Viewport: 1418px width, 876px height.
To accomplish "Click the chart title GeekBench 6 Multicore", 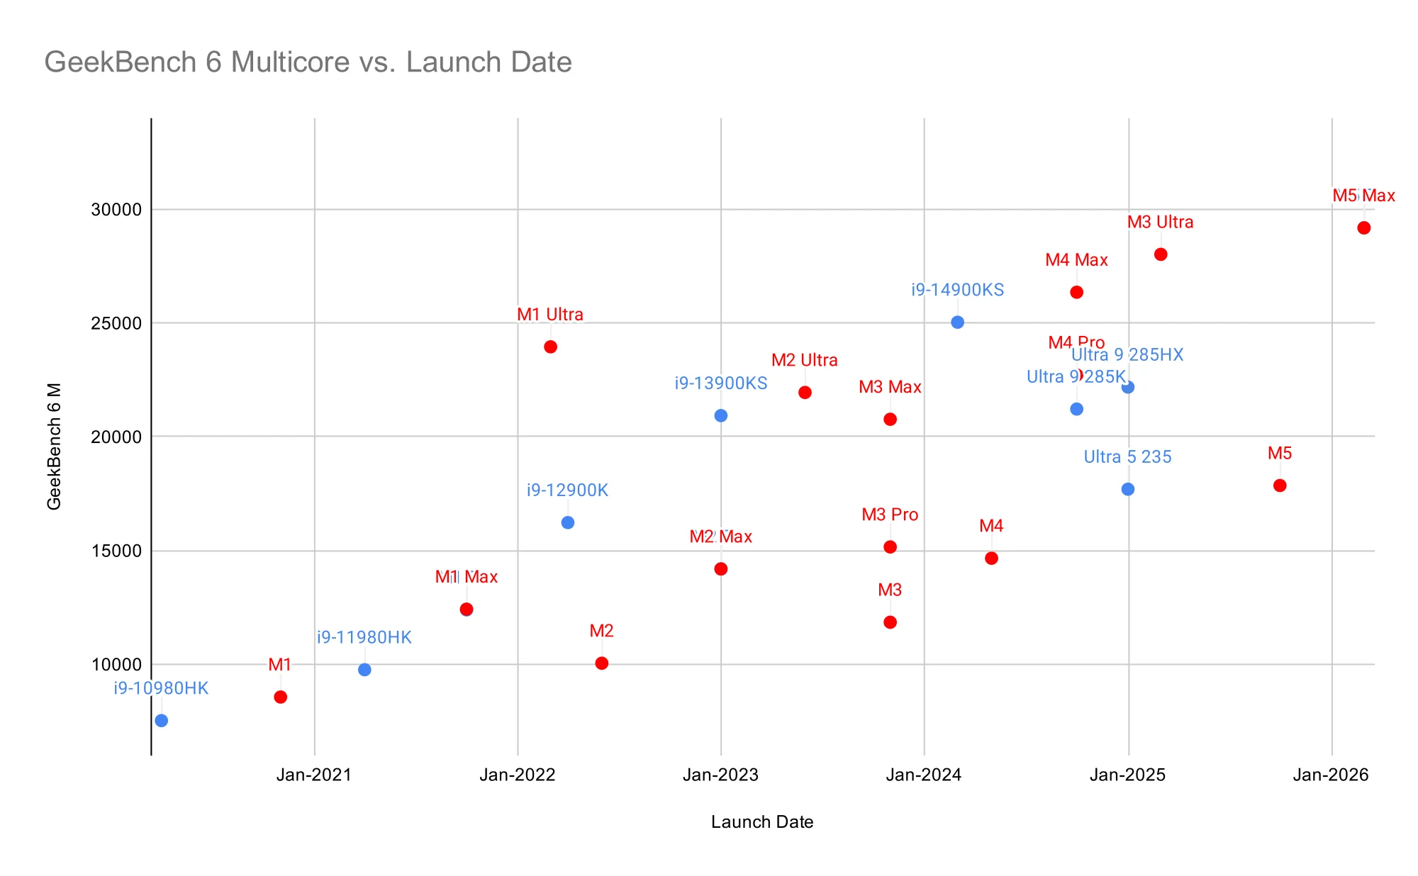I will click(x=308, y=62).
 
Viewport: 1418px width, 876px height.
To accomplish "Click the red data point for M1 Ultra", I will click(x=550, y=347).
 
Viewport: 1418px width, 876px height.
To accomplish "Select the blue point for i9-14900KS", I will click(x=957, y=322).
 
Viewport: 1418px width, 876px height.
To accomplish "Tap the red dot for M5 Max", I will click(x=1363, y=228).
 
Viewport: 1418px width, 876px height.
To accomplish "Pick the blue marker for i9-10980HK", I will click(x=162, y=720).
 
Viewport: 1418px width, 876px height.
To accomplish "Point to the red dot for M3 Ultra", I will click(x=1161, y=254).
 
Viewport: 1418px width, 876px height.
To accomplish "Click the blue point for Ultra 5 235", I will click(x=1128, y=489).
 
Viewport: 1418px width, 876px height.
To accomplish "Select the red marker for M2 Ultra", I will click(x=805, y=392).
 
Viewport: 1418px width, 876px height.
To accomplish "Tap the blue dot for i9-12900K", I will click(x=568, y=522).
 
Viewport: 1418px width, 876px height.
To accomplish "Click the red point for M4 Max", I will click(x=1076, y=292).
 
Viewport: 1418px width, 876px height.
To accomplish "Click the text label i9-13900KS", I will click(x=720, y=383).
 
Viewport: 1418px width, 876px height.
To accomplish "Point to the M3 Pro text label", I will click(x=890, y=515).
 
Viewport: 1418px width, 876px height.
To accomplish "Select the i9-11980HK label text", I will click(x=364, y=637).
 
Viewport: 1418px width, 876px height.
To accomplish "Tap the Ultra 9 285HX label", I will click(x=1127, y=354).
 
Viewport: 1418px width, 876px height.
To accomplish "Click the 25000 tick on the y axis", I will click(x=116, y=323).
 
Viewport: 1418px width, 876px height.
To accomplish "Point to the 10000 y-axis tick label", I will click(x=116, y=665).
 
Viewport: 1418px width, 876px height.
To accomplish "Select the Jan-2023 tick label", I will click(x=720, y=775).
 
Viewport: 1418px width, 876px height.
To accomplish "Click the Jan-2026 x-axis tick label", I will click(x=1331, y=775).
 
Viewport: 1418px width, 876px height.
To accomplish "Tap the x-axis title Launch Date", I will click(x=762, y=822).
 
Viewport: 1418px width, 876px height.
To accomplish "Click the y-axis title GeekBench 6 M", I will click(x=55, y=447).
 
